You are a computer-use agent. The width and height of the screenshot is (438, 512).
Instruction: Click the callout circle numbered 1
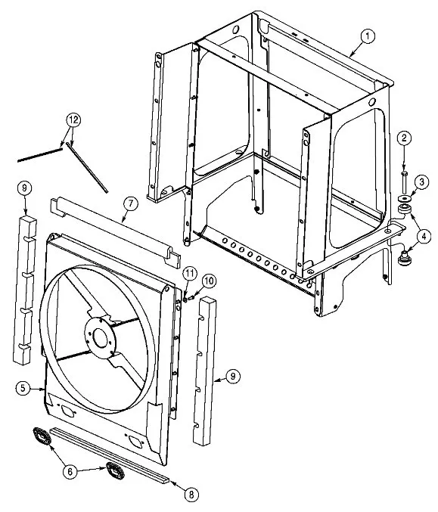tap(368, 36)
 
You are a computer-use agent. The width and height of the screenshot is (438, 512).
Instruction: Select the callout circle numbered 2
tap(404, 138)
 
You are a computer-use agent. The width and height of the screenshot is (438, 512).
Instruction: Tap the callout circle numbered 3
tap(421, 182)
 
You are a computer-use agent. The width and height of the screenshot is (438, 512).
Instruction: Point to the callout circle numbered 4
tap(424, 237)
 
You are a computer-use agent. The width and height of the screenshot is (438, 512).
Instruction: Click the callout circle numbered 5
tap(23, 388)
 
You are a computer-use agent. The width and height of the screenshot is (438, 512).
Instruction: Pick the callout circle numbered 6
tap(70, 471)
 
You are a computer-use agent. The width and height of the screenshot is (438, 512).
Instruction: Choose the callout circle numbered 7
tap(131, 203)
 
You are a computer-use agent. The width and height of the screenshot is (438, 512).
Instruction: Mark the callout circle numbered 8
tap(191, 495)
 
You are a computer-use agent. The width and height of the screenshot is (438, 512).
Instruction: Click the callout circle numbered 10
tap(209, 281)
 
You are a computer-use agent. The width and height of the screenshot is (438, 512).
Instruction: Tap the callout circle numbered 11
tap(189, 274)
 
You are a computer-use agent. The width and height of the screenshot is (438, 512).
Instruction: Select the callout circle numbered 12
tap(73, 120)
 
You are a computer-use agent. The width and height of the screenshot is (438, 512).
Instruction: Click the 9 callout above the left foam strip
tap(25, 188)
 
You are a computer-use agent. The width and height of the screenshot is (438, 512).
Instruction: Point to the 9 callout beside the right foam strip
tap(233, 377)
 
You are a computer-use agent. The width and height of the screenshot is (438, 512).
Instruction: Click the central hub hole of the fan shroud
tap(100, 337)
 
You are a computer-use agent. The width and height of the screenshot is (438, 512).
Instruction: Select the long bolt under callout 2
tap(405, 182)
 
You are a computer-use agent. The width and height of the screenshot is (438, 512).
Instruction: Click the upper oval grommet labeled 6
tap(42, 436)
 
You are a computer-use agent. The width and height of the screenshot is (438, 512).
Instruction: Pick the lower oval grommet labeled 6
tap(115, 470)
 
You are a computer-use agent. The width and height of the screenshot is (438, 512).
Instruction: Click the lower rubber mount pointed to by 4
tap(405, 257)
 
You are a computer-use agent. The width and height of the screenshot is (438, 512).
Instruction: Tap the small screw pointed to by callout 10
tap(191, 297)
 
